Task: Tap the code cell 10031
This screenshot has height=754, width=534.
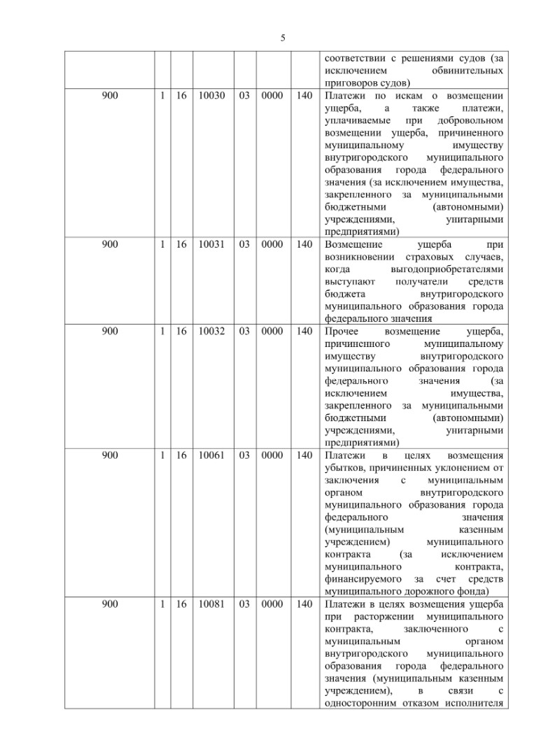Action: point(211,244)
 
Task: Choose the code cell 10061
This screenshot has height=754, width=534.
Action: point(211,455)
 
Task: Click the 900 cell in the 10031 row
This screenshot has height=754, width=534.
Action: point(110,244)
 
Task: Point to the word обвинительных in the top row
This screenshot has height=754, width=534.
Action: point(469,71)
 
